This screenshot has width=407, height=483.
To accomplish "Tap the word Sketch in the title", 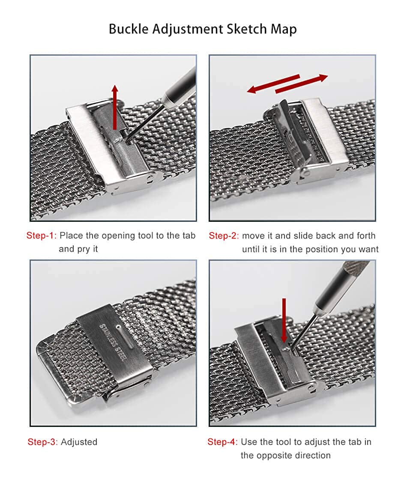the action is (247, 29).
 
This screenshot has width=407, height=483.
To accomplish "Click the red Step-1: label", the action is (42, 236).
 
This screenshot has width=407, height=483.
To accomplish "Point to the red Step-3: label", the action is (43, 442).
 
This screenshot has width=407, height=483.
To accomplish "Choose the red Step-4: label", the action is (222, 442).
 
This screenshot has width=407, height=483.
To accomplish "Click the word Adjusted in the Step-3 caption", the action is (79, 442).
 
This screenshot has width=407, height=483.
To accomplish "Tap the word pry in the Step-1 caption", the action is (83, 250).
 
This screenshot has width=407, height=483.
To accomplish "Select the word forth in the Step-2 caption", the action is (366, 236).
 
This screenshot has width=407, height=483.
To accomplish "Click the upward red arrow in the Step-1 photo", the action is (115, 107).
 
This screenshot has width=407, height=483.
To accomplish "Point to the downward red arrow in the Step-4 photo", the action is (284, 320).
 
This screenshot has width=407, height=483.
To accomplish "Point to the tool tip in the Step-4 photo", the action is (290, 349).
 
